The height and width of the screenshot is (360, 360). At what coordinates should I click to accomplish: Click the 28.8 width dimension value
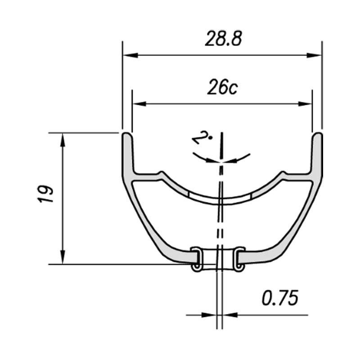click(223, 39)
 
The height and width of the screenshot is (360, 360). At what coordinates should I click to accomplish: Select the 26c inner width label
click(222, 87)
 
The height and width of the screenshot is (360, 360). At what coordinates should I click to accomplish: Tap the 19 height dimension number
click(45, 194)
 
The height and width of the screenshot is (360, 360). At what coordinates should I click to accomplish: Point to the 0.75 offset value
click(280, 297)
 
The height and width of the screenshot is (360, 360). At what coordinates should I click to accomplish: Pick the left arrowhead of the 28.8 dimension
click(130, 55)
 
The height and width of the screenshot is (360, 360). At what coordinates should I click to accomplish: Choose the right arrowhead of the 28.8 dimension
click(314, 55)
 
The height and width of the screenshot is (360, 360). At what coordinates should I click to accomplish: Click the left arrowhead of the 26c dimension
click(139, 104)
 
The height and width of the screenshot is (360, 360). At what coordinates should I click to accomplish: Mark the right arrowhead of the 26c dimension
click(305, 104)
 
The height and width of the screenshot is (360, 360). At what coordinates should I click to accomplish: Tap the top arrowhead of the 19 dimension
click(63, 140)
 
